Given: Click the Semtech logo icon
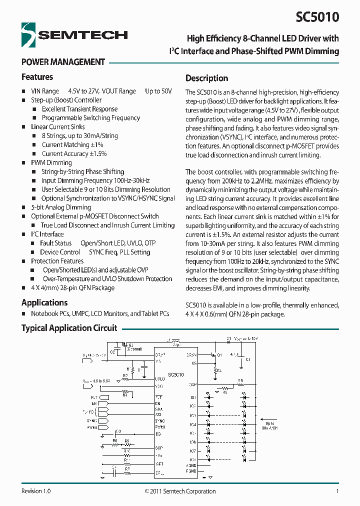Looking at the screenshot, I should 28,35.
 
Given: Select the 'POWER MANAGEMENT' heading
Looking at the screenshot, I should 63,62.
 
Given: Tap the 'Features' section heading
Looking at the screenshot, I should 37,77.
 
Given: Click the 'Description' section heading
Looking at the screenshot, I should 206,78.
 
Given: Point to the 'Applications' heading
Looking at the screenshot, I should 44,302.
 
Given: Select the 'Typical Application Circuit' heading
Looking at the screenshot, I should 69,328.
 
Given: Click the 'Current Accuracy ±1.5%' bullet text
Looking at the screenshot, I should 74,153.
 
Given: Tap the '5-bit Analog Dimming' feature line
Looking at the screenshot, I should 61,207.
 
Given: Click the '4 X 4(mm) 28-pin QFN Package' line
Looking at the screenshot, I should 72,287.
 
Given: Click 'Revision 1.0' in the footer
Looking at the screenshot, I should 36,491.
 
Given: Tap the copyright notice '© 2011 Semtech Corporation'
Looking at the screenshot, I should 180,491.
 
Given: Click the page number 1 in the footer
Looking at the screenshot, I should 337,491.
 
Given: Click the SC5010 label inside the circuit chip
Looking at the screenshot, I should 175,374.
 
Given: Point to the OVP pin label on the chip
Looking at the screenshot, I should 192,384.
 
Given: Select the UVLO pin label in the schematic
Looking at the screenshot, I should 160,379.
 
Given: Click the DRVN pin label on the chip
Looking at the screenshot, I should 191,354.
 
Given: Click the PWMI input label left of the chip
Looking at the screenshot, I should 92,427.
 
